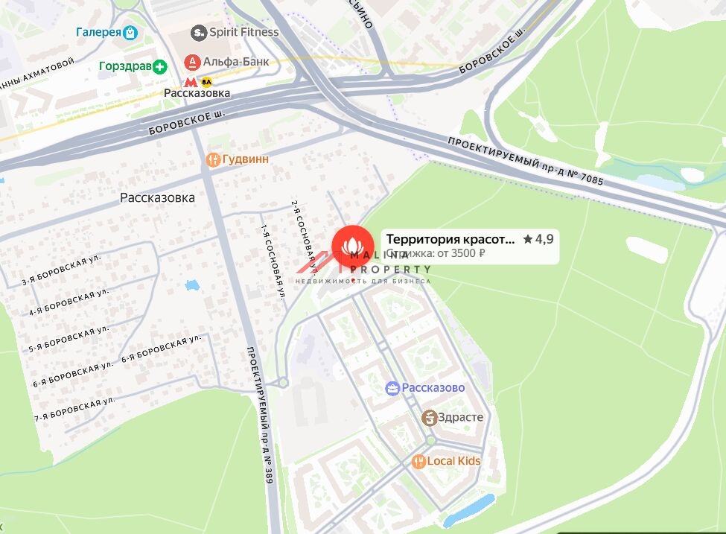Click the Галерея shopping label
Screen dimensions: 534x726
click(98, 32)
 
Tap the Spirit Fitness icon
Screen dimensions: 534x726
click(198, 32)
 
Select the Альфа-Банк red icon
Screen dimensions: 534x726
click(192, 62)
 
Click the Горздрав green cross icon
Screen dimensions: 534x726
click(160, 67)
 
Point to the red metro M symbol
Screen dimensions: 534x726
click(191, 82)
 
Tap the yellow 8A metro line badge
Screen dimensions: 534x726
click(206, 82)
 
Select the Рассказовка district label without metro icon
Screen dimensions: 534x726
click(157, 198)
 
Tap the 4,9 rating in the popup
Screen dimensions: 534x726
click(540, 239)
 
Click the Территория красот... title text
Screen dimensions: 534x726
click(450, 239)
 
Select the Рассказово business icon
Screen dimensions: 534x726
click(392, 388)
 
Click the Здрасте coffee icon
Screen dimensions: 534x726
click(429, 418)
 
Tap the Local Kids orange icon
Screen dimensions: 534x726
click(418, 462)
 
